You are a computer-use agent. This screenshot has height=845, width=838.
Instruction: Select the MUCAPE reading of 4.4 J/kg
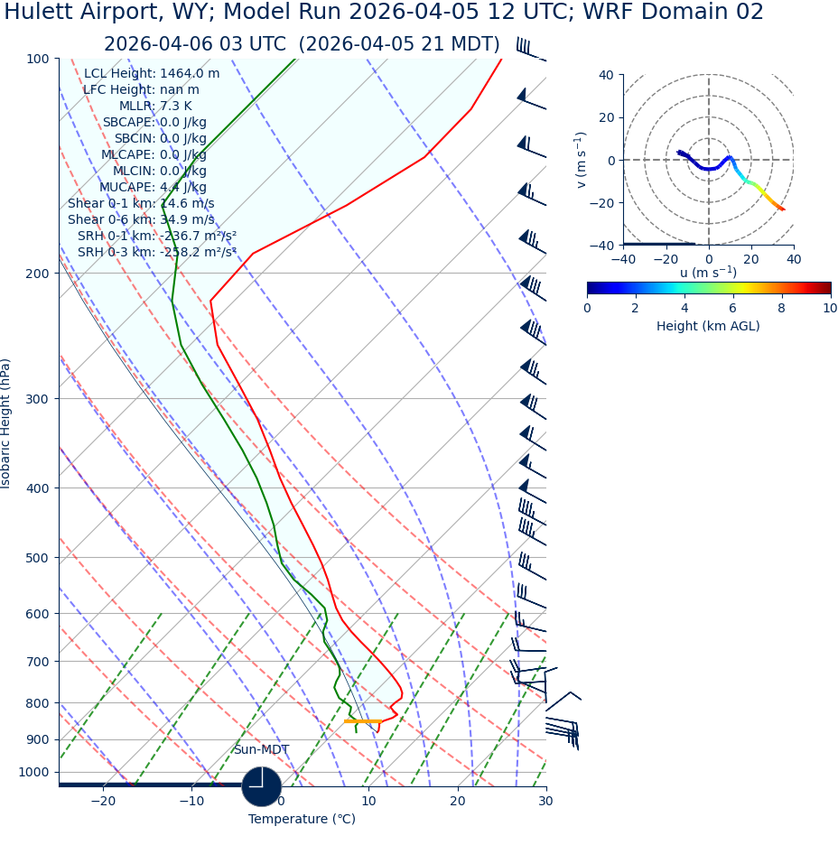tap(183, 187)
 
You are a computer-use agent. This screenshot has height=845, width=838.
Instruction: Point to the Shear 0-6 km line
tap(141, 219)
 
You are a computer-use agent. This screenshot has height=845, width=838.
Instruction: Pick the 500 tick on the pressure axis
tap(37, 558)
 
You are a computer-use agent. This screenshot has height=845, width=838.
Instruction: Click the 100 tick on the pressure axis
tap(37, 59)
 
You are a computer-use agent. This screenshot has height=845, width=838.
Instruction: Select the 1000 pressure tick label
tap(33, 772)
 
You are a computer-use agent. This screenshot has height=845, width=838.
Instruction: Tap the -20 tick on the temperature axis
tap(103, 801)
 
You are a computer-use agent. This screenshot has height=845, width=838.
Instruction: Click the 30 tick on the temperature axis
tap(545, 801)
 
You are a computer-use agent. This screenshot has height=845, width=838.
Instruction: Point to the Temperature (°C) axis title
tap(302, 819)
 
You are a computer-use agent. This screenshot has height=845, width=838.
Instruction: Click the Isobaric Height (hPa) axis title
tap(6, 423)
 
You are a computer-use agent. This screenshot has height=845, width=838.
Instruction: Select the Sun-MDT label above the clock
tap(261, 749)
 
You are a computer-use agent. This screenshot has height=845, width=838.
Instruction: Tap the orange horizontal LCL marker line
tap(361, 721)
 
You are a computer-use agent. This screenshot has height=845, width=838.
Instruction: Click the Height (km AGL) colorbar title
tap(708, 326)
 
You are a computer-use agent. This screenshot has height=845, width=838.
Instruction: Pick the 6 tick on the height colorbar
tap(733, 308)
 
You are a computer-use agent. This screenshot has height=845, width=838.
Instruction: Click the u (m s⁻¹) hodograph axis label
tap(708, 272)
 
